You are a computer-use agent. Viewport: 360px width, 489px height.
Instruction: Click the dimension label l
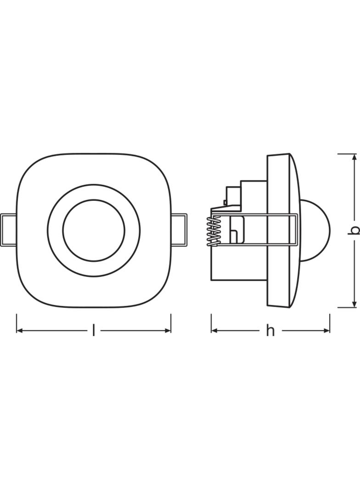point(93,330)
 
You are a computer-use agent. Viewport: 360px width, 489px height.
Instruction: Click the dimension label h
point(270,331)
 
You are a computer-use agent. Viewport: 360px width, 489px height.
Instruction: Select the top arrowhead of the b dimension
point(354,157)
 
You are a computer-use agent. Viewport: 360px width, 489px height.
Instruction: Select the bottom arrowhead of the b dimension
point(354,304)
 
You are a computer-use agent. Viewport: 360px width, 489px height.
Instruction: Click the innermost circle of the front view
point(94,200)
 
